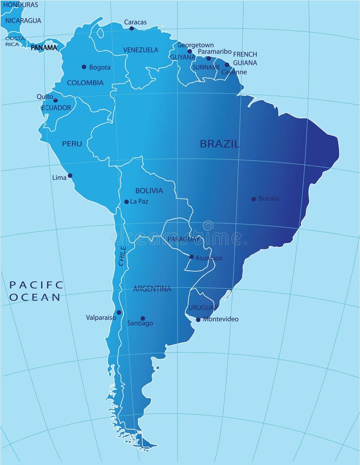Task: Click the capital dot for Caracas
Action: [x=132, y=29]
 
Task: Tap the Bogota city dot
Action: [x=84, y=67]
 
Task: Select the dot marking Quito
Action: [x=55, y=100]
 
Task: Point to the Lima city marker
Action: [x=70, y=176]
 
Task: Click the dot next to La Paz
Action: [x=126, y=202]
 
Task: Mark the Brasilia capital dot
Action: [x=254, y=199]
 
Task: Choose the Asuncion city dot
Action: [x=191, y=257]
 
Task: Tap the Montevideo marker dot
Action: [x=198, y=320]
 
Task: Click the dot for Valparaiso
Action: [x=119, y=312]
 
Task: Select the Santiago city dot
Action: [x=143, y=318]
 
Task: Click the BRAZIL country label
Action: [x=219, y=144]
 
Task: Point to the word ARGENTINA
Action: [x=152, y=289]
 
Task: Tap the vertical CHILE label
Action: [x=122, y=256]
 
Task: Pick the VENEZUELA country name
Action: [x=141, y=50]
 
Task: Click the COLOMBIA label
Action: [x=85, y=83]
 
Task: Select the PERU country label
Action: [x=72, y=144]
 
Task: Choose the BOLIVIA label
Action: [x=149, y=191]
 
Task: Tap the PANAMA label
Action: [x=44, y=47]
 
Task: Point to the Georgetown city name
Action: [x=195, y=45]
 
